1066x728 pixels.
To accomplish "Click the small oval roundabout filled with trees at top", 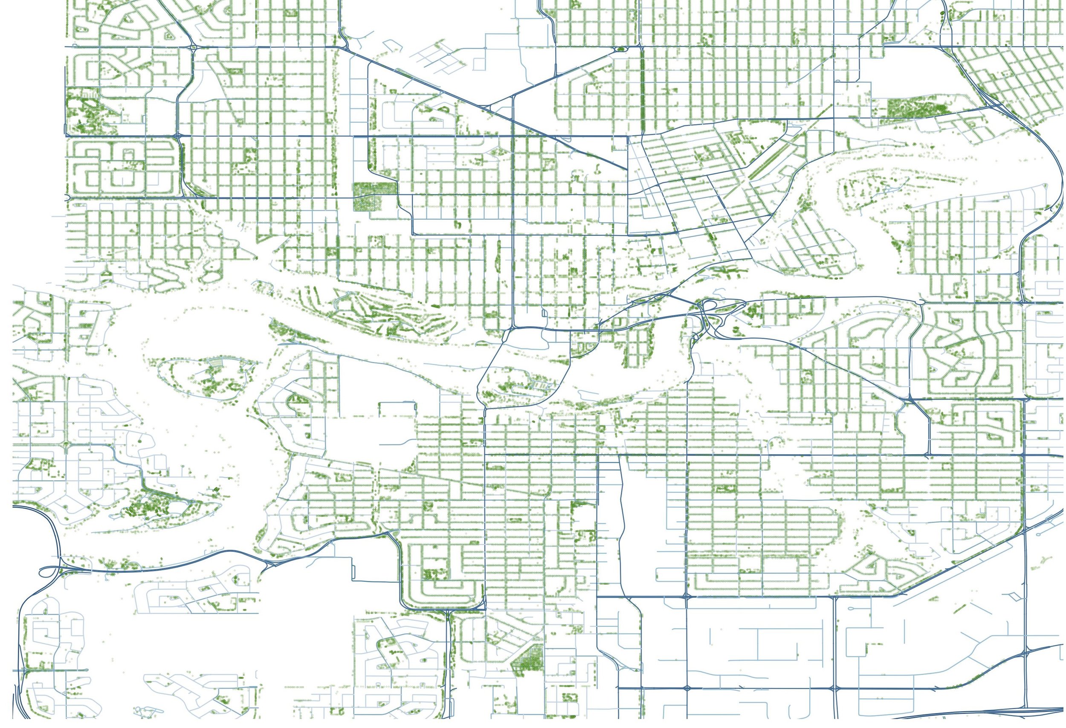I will click(x=622, y=48).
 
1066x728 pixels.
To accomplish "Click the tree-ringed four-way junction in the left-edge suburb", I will click(x=66, y=444).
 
